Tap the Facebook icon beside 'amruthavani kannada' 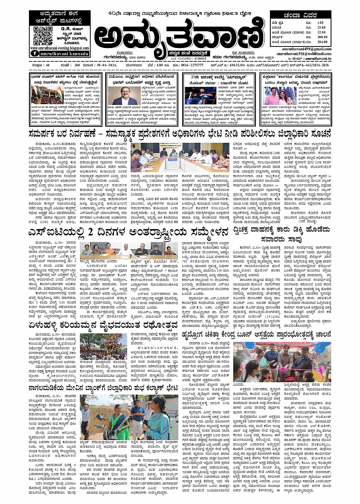pyautogui.click(x=36, y=54)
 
